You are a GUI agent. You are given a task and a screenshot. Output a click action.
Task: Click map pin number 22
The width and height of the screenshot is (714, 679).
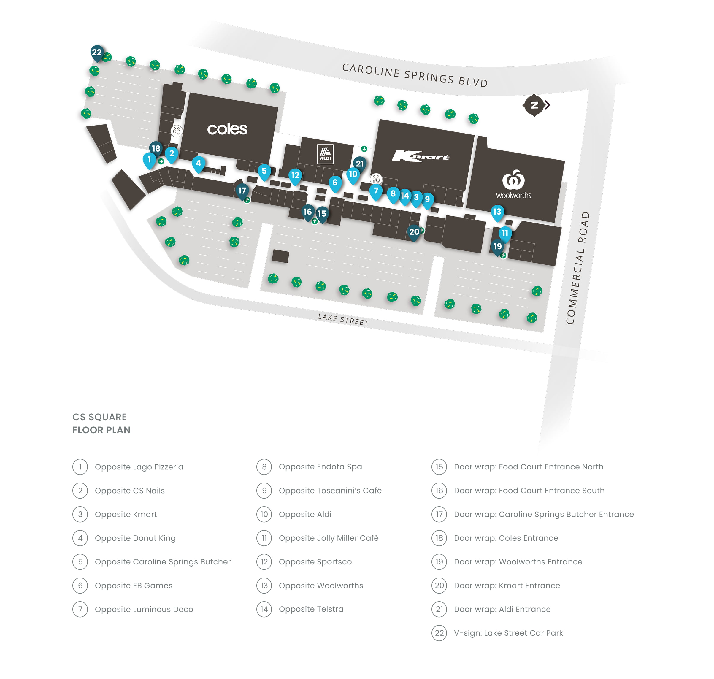coord(97,53)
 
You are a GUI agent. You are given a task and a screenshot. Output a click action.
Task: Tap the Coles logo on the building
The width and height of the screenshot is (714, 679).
coord(227,129)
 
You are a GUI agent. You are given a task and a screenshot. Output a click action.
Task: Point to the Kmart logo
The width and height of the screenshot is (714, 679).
coord(420,156)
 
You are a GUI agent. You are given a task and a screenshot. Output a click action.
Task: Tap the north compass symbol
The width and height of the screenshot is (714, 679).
coord(534,105)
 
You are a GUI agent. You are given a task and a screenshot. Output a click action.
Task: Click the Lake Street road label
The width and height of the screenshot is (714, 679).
coord(343,320)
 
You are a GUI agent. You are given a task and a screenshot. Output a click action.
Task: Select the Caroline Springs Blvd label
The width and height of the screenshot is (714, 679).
coord(415,75)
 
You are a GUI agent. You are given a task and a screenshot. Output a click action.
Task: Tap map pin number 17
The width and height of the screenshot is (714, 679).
coord(242,191)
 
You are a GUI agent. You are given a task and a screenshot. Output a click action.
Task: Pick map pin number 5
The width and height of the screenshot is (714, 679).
coord(264,171)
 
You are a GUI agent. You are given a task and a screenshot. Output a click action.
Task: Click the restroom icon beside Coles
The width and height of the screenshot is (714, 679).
coord(176,131)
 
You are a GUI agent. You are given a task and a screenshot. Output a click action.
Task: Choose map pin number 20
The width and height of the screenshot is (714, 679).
coord(414,232)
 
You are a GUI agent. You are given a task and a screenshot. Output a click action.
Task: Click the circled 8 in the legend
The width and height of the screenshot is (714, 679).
coord(264,467)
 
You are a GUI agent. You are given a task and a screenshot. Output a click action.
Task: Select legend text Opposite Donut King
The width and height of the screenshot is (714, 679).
coord(135,538)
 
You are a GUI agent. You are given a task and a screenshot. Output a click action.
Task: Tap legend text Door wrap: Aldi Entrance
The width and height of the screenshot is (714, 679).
coord(502,609)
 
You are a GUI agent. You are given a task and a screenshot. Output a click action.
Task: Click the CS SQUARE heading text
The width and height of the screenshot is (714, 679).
coord(99,417)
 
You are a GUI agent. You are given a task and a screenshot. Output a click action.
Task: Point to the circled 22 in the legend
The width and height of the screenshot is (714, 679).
coord(439,633)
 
